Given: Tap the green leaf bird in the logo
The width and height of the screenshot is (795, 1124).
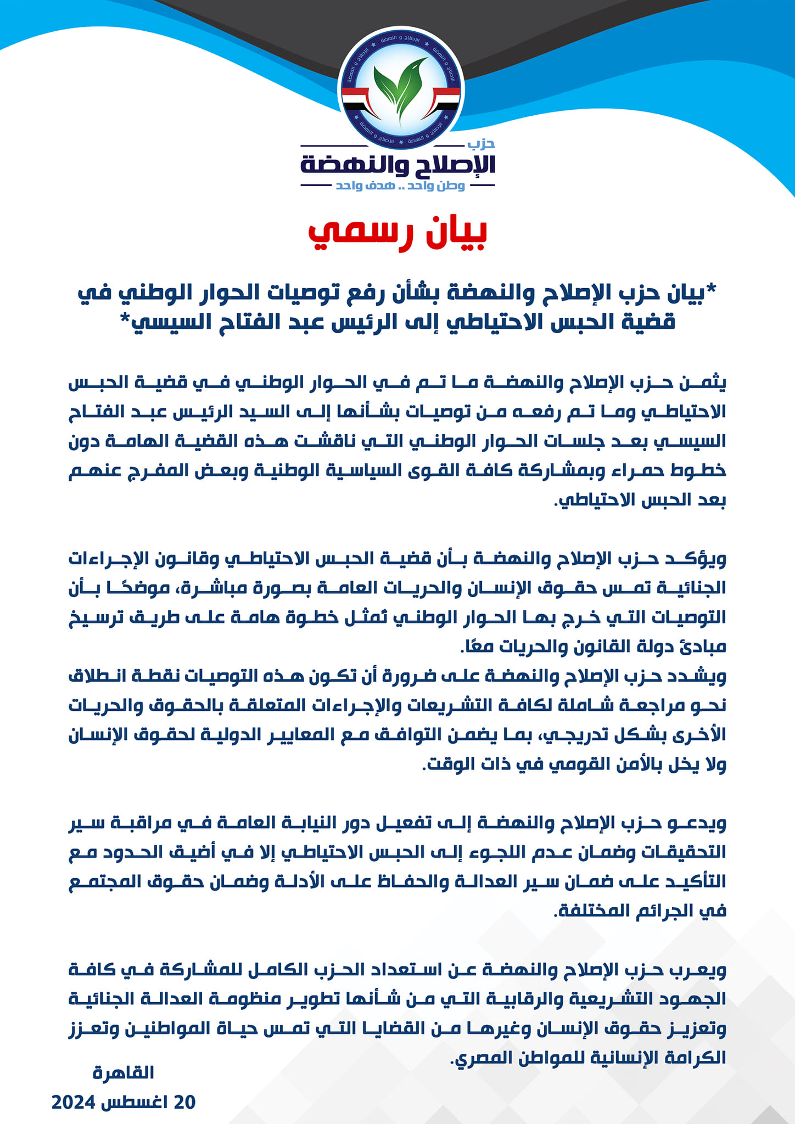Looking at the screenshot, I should click(x=401, y=88).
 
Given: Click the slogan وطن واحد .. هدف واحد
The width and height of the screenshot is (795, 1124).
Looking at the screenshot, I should click(x=400, y=186).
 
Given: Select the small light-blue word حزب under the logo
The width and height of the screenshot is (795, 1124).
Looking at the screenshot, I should click(x=482, y=144).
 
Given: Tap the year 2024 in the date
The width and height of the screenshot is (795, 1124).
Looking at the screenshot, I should click(x=74, y=1101).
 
